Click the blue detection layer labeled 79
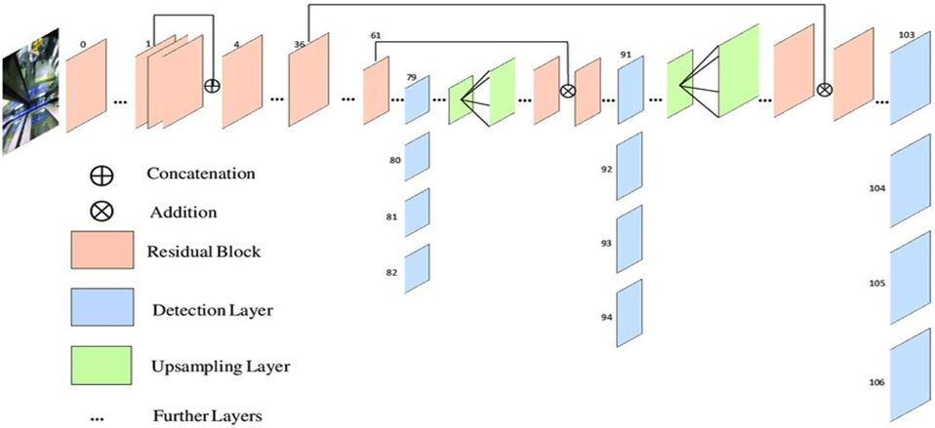(x=417, y=99)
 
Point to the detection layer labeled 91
(x=630, y=90)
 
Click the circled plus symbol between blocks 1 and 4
(x=211, y=85)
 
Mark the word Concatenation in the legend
(x=201, y=174)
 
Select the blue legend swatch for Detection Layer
(x=102, y=309)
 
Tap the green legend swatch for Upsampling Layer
(x=102, y=368)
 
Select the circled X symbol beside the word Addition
(x=102, y=211)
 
